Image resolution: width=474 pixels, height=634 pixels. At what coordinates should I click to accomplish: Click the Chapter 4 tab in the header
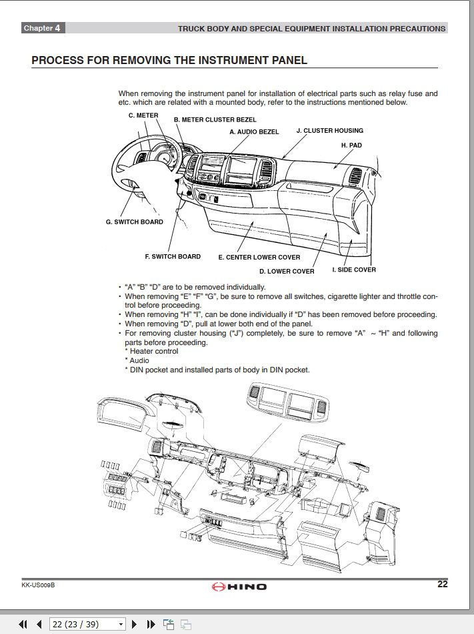pos(42,28)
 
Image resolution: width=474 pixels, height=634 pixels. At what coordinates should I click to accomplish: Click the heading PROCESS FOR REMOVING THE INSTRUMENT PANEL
pos(169,60)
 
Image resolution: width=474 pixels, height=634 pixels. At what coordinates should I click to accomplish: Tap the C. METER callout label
pos(143,115)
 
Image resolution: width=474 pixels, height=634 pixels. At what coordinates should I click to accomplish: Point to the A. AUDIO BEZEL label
pos(254,131)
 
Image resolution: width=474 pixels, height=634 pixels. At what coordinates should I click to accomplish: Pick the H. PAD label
pos(351,145)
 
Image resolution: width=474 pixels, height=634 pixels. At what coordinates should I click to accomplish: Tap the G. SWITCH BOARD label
pos(134,222)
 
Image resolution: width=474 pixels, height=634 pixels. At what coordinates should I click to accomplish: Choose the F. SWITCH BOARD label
pos(172,256)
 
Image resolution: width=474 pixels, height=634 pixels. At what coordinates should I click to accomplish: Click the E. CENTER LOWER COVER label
pos(259,257)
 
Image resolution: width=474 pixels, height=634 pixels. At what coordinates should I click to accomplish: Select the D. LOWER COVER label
pos(287,272)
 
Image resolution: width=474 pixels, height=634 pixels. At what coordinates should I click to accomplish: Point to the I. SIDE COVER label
pos(354,270)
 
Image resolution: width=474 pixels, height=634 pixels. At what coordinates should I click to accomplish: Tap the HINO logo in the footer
pos(239,587)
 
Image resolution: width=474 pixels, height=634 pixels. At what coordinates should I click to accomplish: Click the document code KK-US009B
pos(38,585)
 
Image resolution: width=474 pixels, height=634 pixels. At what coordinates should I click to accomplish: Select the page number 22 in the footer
pos(442,585)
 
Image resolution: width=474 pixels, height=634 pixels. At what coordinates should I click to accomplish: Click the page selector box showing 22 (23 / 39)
pos(88,624)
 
